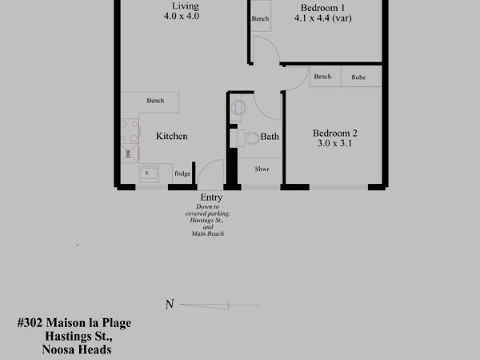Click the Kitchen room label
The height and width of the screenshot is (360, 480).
pyautogui.click(x=172, y=136)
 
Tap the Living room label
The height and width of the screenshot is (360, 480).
pyautogui.click(x=185, y=6)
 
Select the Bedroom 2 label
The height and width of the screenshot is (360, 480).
pyautogui.click(x=335, y=133)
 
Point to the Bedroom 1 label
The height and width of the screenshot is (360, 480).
pyautogui.click(x=322, y=7)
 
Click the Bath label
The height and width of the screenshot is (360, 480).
pyautogui.click(x=270, y=136)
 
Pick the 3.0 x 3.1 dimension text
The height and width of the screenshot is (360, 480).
pyautogui.click(x=335, y=143)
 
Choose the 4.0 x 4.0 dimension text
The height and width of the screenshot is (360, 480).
pyautogui.click(x=181, y=16)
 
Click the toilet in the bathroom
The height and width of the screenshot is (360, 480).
pyautogui.click(x=248, y=138)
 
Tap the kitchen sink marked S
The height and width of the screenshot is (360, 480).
pyautogui.click(x=149, y=174)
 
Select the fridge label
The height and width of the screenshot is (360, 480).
pyautogui.click(x=182, y=173)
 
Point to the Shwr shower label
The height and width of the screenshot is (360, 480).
pyautogui.click(x=262, y=169)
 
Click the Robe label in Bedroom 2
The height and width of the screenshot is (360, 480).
pyautogui.click(x=359, y=77)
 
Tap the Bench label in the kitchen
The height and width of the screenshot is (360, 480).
pyautogui.click(x=155, y=100)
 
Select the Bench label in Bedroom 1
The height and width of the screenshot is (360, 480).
pyautogui.click(x=260, y=19)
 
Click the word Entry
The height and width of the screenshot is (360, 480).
pyautogui.click(x=211, y=197)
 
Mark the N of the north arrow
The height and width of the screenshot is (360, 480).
pyautogui.click(x=170, y=304)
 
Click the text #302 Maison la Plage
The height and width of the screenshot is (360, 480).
pyautogui.click(x=75, y=323)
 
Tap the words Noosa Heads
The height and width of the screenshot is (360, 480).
pyautogui.click(x=76, y=350)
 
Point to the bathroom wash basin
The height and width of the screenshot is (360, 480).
pyautogui.click(x=238, y=108)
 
